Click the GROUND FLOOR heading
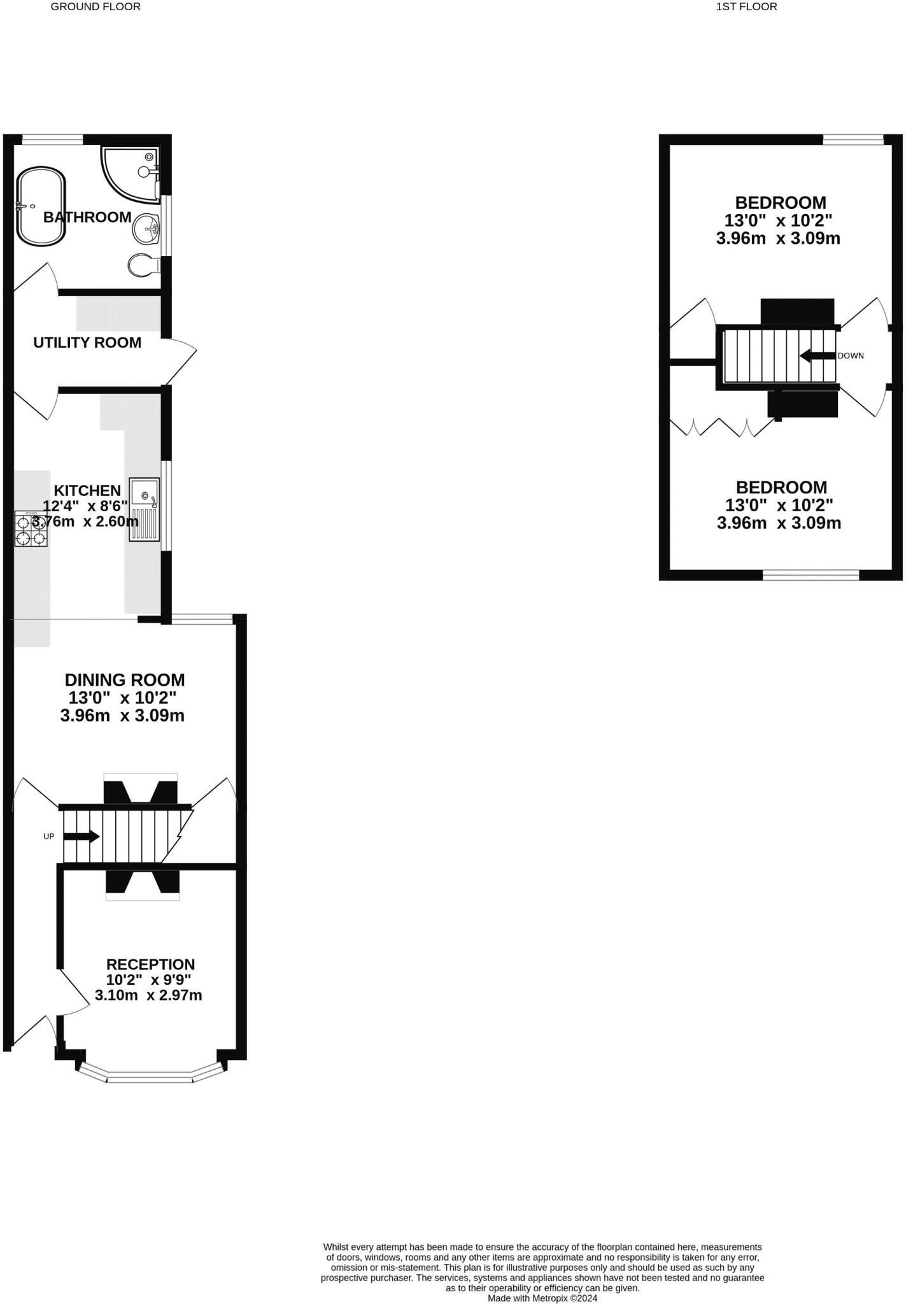[x=96, y=7]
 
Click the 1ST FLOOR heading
[x=746, y=7]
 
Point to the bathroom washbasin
[x=146, y=228]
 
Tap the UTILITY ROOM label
[x=87, y=343]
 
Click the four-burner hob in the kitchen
[x=31, y=529]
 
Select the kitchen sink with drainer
[x=145, y=509]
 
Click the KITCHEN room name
[x=87, y=490]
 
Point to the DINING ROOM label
[x=125, y=680]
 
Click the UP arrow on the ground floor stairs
[x=81, y=837]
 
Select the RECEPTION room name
[x=150, y=965]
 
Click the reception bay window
[x=150, y=1077]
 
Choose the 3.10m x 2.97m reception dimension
[x=148, y=995]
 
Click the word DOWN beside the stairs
[x=851, y=356]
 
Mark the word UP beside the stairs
[x=49, y=837]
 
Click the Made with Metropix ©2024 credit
[x=542, y=1298]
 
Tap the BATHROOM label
[x=87, y=217]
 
